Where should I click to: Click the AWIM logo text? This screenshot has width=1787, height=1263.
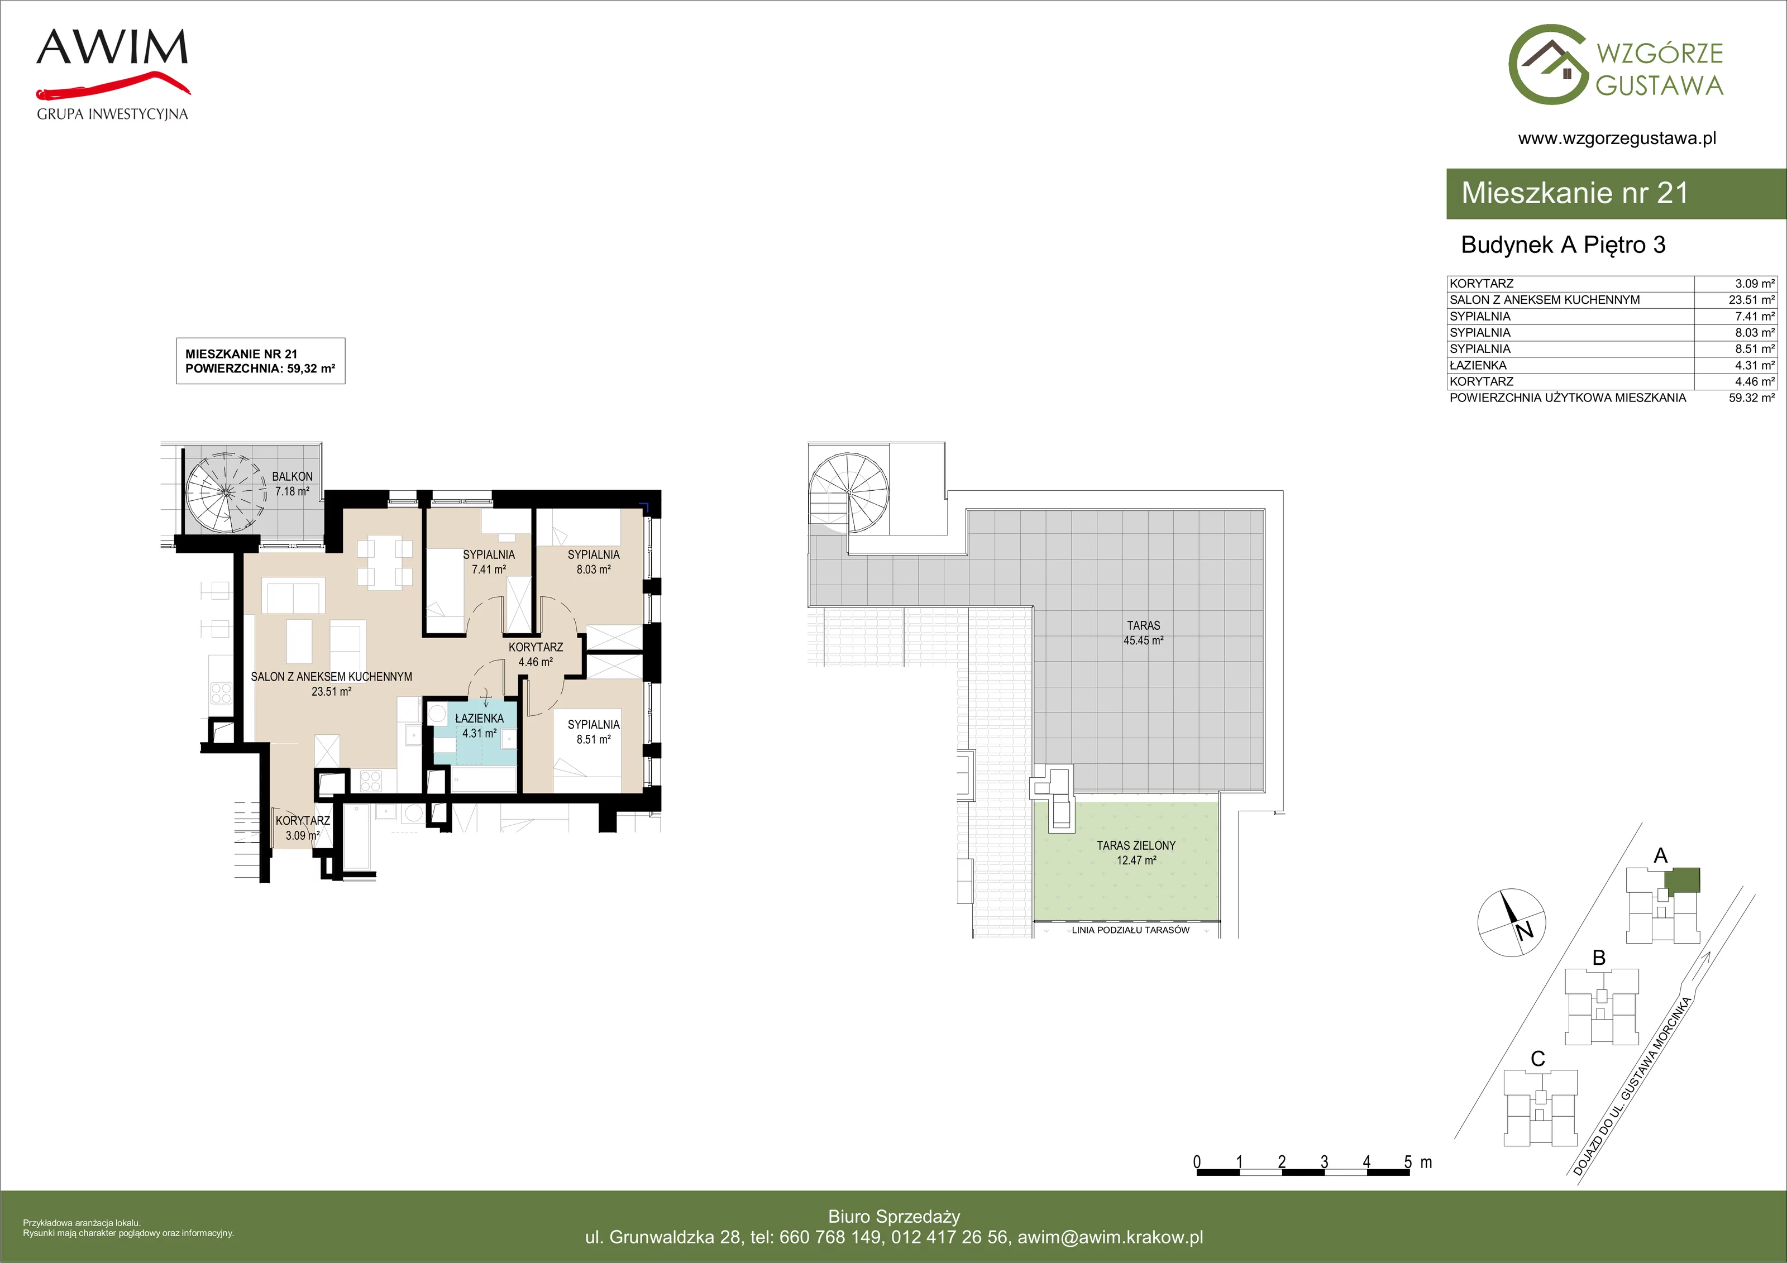(x=112, y=47)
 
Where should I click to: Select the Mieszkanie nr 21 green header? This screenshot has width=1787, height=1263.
(x=1616, y=193)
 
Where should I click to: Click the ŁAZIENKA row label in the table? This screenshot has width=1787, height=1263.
(x=1478, y=365)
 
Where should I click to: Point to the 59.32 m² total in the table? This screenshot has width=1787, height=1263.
(x=1751, y=398)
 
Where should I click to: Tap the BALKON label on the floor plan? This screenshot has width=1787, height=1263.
(x=292, y=476)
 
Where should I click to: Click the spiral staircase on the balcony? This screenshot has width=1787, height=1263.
(x=226, y=492)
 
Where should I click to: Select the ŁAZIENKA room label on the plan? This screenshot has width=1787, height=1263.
(x=480, y=718)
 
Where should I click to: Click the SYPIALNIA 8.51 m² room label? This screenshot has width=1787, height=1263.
(x=594, y=732)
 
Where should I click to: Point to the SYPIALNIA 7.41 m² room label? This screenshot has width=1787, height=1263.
(x=489, y=562)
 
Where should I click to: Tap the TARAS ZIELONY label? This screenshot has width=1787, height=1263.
(x=1136, y=845)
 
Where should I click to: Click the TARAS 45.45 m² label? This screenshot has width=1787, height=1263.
(x=1143, y=633)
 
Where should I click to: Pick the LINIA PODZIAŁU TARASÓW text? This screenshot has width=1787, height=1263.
(x=1130, y=930)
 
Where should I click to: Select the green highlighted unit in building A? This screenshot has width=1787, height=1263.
(x=1683, y=880)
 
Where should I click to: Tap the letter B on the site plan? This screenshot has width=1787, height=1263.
(x=1599, y=958)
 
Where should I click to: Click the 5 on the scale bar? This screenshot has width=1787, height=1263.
(x=1408, y=1162)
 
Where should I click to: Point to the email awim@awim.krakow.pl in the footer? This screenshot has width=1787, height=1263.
(x=1111, y=1237)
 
